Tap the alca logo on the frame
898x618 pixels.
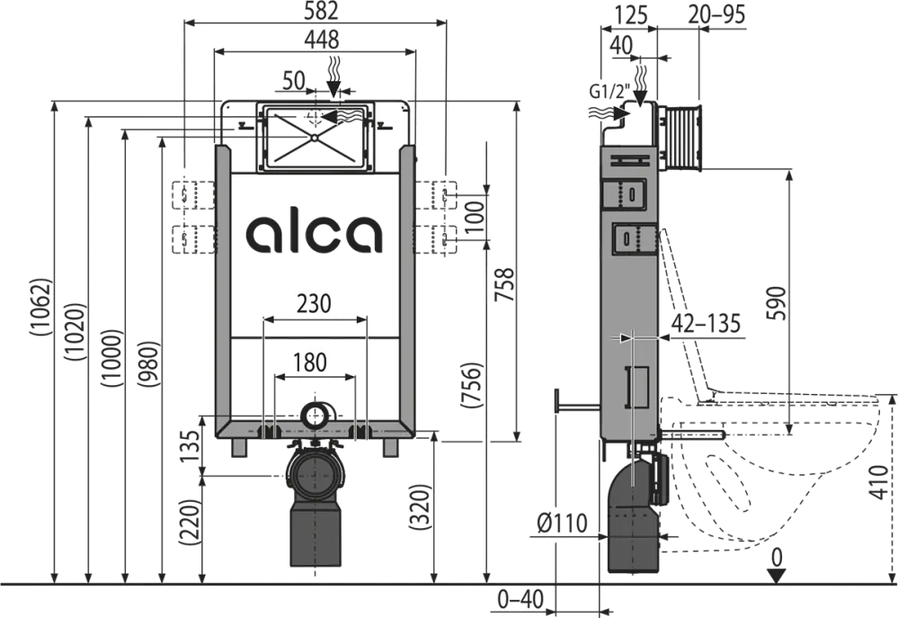[315, 233]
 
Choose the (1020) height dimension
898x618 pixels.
[76, 334]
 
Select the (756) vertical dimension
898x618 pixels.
[473, 387]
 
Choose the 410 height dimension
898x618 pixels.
[883, 486]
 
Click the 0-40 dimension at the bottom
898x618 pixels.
[522, 597]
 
